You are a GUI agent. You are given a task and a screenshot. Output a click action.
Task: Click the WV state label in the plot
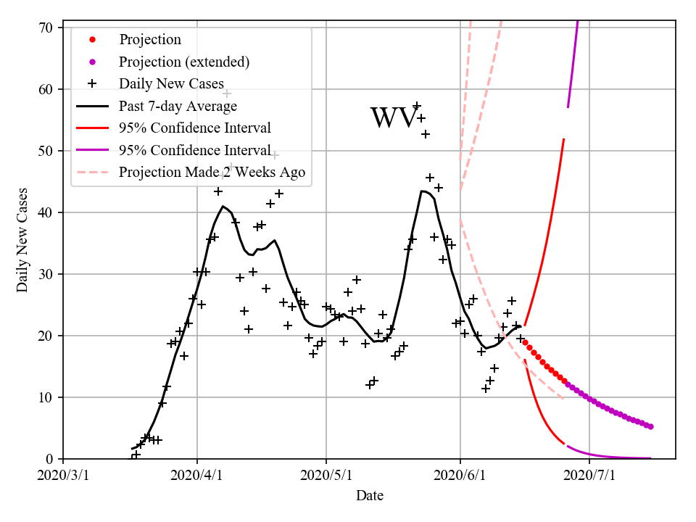tap(394, 117)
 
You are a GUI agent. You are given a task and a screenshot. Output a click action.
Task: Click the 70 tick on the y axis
tap(46, 28)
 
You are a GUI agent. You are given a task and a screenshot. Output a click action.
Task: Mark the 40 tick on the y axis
tap(46, 212)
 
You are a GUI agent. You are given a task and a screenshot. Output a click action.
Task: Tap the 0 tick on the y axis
tap(49, 459)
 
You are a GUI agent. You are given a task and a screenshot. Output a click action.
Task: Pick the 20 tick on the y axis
tap(46, 336)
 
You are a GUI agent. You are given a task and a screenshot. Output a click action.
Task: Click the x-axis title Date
tap(370, 496)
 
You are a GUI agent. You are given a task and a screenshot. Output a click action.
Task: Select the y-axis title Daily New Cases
tap(22, 239)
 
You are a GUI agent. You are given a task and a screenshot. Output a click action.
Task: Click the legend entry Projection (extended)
tap(184, 62)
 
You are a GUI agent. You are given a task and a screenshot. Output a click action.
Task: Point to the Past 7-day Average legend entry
tap(178, 107)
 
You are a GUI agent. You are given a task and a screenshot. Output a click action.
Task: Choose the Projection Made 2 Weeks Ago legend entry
tap(212, 173)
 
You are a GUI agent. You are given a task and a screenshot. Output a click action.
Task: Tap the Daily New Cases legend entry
tap(171, 83)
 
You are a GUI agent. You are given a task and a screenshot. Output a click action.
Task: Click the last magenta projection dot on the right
tap(650, 427)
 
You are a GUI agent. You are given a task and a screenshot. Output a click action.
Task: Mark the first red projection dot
tap(525, 343)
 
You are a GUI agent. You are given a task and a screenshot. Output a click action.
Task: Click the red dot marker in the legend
tap(92, 39)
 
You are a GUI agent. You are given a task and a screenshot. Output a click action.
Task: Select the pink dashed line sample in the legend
tap(92, 173)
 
